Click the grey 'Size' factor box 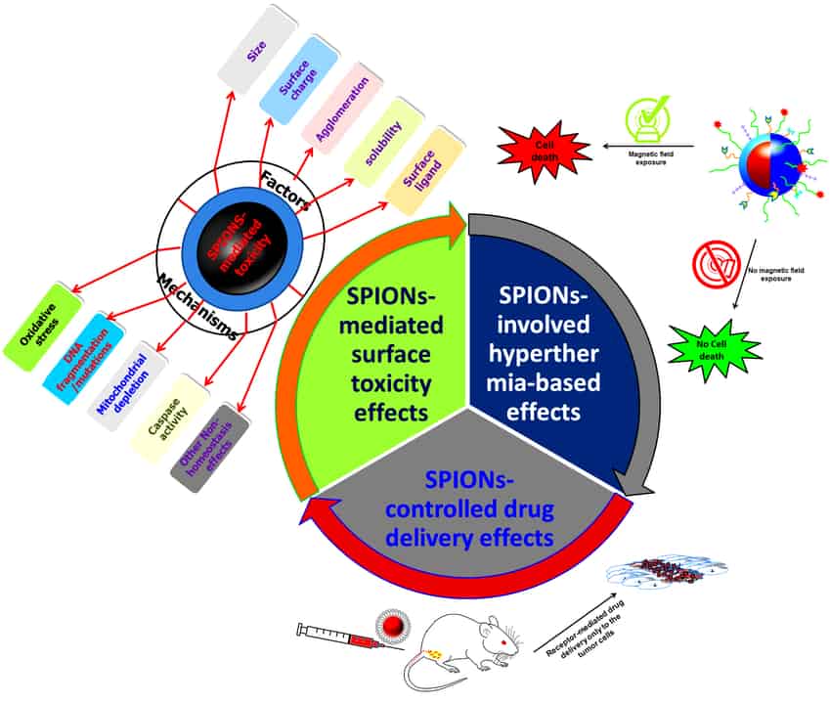coord(257,46)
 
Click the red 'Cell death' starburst coord(545,149)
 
